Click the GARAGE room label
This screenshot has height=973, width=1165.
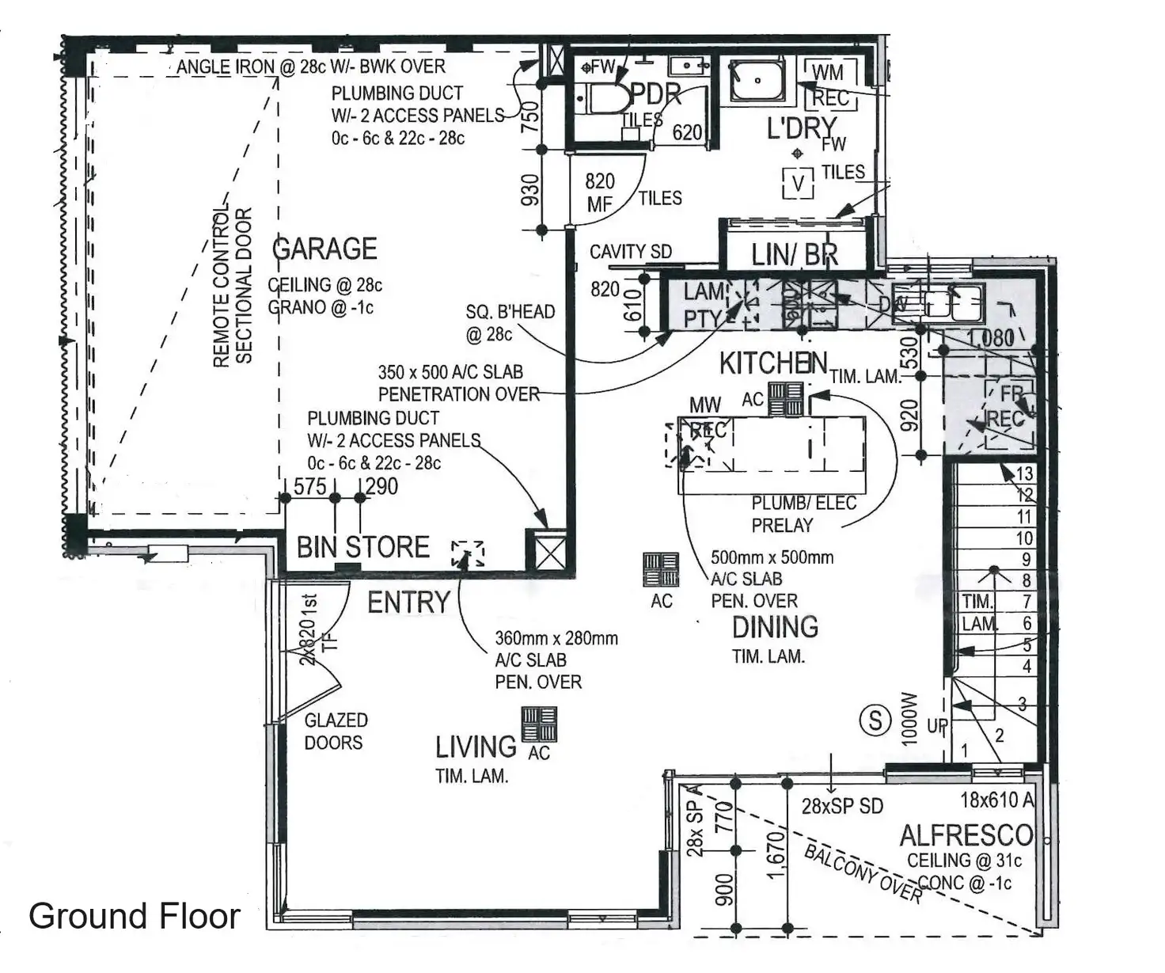pos(324,249)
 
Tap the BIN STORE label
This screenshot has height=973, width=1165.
pos(362,547)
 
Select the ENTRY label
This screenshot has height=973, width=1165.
pos(408,602)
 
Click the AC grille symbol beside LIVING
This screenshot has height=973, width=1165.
pos(539,724)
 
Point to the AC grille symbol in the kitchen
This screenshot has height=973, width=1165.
pos(785,399)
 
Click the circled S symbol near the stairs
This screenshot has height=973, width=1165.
pos(875,720)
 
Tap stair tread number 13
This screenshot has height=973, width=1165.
pos(1024,473)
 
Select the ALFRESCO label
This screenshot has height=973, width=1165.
pos(966,835)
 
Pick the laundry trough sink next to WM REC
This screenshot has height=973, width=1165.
pos(757,80)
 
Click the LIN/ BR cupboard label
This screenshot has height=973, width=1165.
pos(794,255)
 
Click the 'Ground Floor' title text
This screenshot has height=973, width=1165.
pos(135,916)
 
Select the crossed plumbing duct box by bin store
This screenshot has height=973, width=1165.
pos(547,549)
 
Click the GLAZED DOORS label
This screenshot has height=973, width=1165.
pos(335,731)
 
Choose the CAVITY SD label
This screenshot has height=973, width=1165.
pos(630,252)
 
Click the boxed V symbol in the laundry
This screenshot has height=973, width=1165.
pos(798,184)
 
